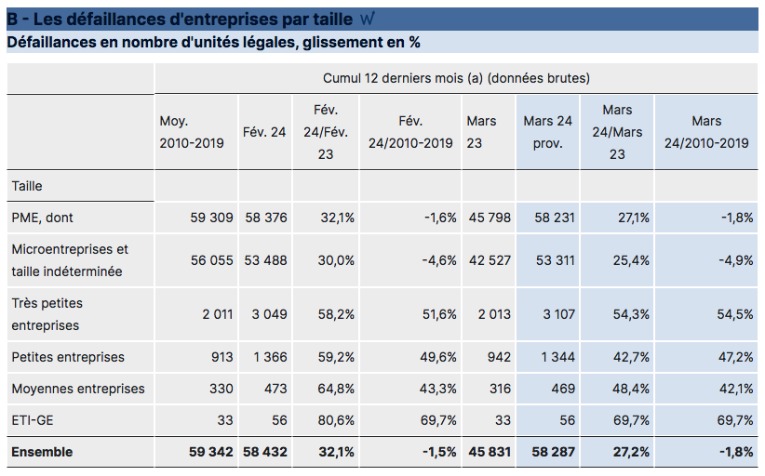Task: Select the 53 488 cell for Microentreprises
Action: (266, 260)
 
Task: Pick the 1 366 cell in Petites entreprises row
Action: (268, 357)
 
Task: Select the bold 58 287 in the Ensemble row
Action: (552, 452)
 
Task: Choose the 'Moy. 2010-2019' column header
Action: (192, 132)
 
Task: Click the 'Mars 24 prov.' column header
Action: (547, 132)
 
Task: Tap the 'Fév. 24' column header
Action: (264, 132)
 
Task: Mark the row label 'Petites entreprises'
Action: (68, 357)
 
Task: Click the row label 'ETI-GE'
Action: (33, 420)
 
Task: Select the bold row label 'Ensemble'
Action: (42, 452)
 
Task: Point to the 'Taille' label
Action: (27, 186)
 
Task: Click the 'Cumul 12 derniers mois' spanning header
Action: (456, 78)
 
